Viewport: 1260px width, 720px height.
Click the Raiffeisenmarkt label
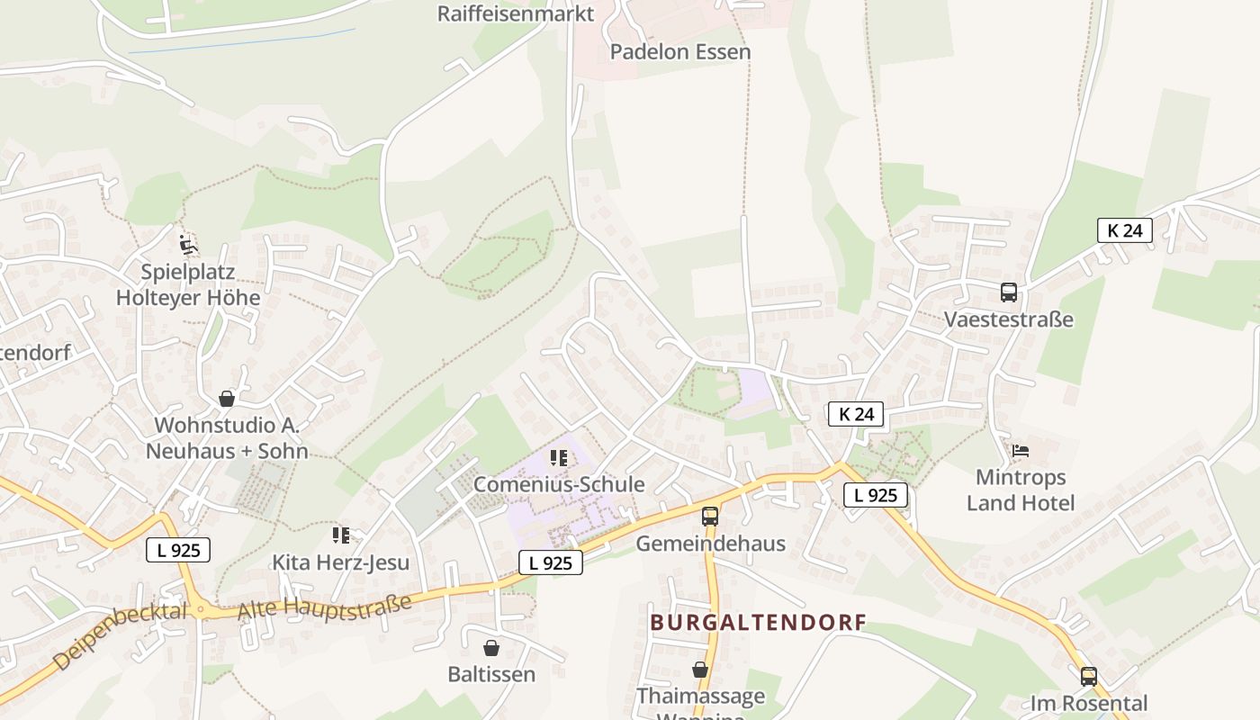(x=516, y=13)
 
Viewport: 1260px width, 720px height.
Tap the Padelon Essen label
(x=680, y=52)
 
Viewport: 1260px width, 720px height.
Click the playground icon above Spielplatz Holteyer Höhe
(x=188, y=244)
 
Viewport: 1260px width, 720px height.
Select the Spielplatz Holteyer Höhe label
(x=188, y=284)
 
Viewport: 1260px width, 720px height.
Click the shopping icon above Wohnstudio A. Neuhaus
(x=227, y=399)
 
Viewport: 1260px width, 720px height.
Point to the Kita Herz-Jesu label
(x=341, y=562)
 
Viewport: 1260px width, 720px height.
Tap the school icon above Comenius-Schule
(x=559, y=458)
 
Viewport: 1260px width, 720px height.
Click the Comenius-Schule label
(x=559, y=484)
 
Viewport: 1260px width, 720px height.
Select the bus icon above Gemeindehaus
(x=710, y=517)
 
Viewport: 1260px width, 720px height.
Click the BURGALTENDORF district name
(x=759, y=622)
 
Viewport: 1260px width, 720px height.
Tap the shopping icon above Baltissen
(x=491, y=648)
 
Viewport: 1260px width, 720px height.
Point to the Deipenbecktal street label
(x=119, y=636)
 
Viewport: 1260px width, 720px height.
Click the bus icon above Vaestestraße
(x=1009, y=292)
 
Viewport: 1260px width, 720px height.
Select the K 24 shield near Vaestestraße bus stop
(x=1125, y=230)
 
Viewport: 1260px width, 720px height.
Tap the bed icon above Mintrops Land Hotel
(x=1021, y=451)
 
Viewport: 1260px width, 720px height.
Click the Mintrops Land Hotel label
(x=1021, y=490)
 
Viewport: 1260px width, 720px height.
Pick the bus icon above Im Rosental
(x=1089, y=676)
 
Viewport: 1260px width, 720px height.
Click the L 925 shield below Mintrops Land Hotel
(x=876, y=495)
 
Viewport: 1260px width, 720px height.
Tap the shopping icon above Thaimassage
(x=700, y=670)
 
